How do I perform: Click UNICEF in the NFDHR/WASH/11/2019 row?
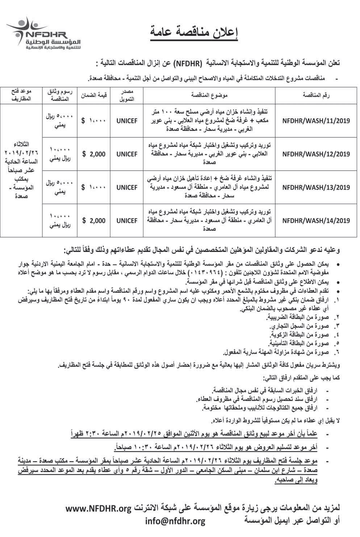click(x=127, y=121)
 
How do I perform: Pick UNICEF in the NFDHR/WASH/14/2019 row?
click(x=127, y=220)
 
